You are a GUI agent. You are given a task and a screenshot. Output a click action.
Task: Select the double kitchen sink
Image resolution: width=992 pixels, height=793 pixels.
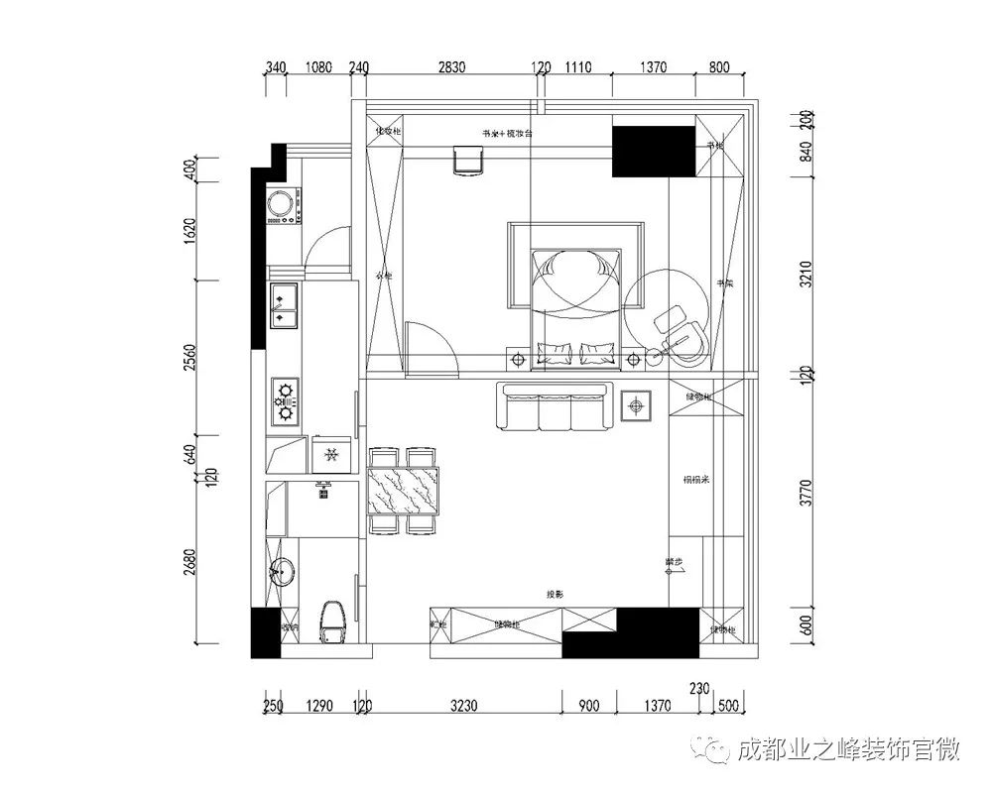pyautogui.click(x=283, y=306)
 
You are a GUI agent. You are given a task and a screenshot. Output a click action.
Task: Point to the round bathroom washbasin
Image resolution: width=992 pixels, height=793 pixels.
pyautogui.click(x=283, y=571)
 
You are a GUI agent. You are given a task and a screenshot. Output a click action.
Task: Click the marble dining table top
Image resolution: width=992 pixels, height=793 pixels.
pyautogui.click(x=403, y=491)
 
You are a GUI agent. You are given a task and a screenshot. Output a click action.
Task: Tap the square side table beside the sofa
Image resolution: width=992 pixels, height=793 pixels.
pyautogui.click(x=635, y=404)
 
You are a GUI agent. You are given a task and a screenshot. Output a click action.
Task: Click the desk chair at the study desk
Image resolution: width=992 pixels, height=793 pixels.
pyautogui.click(x=466, y=160)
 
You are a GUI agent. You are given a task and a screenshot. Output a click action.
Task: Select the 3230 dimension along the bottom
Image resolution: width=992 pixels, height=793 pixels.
pyautogui.click(x=463, y=707)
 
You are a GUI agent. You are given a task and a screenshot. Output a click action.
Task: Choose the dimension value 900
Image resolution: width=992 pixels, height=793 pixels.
pyautogui.click(x=589, y=707)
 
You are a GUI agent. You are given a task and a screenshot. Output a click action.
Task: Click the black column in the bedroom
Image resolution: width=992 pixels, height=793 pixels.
pyautogui.click(x=652, y=151)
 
